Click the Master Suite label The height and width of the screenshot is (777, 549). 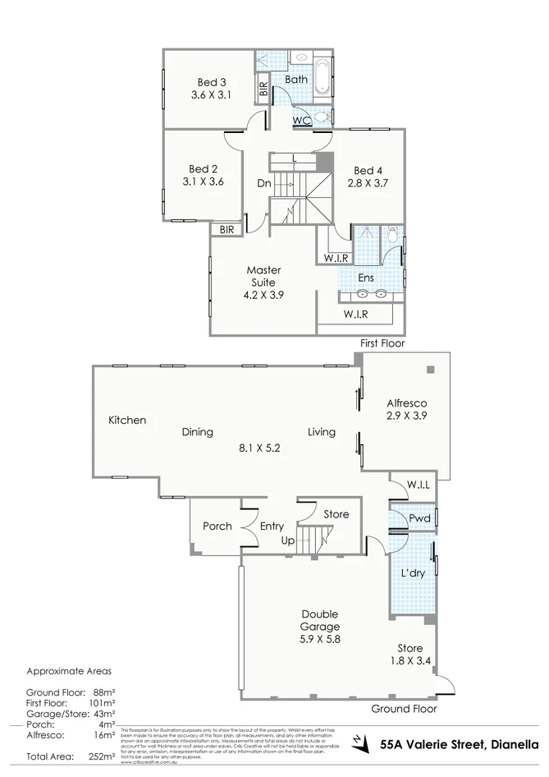(264, 276)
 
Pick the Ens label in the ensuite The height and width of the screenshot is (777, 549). (366, 278)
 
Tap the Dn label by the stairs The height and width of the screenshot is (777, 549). (263, 184)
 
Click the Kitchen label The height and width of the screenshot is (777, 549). (127, 421)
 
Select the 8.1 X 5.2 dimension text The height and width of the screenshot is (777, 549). (259, 448)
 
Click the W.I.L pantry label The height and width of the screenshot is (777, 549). (420, 485)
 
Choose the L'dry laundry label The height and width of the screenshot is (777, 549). (412, 573)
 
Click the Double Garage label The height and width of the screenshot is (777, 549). (320, 621)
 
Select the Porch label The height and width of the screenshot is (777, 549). (217, 526)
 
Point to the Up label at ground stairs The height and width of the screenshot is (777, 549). (288, 541)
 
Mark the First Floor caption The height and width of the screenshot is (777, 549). (382, 343)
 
